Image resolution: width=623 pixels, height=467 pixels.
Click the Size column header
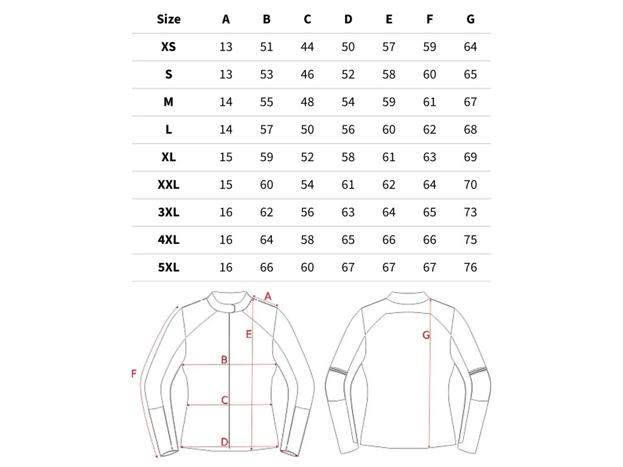[169, 19]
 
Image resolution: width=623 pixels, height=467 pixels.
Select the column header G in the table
[470, 19]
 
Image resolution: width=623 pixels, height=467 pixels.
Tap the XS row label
[169, 47]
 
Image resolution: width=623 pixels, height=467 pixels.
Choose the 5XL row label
[169, 268]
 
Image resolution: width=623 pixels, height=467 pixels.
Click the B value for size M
[266, 102]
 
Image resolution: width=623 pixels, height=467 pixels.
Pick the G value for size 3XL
[470, 212]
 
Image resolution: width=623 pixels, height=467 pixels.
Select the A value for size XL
[226, 157]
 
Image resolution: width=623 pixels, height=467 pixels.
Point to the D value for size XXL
[348, 185]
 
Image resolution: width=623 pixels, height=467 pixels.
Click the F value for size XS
[430, 47]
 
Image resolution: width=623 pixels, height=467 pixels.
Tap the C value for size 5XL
[307, 268]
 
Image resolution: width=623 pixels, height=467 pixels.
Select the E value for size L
[389, 130]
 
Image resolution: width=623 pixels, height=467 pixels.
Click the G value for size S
[470, 75]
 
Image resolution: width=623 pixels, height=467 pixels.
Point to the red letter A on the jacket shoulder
[268, 296]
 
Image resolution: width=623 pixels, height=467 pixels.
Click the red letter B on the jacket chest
[224, 360]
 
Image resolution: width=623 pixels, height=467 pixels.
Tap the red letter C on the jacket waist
[224, 400]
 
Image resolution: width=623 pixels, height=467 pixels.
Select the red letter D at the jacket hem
[224, 442]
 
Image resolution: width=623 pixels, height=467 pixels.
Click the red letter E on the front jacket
[248, 334]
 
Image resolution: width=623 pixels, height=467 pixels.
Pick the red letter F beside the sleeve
[134, 373]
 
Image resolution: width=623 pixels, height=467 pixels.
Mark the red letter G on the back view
[426, 335]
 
